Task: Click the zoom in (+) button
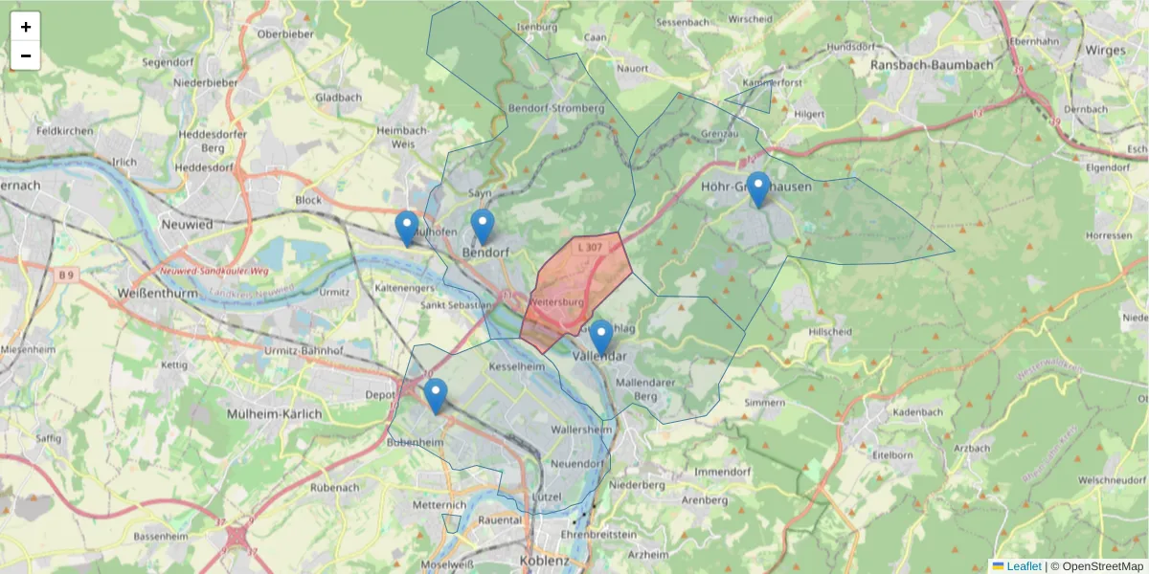point(26,27)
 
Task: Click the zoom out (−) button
point(26,56)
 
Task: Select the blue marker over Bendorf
point(482,227)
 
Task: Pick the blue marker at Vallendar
point(600,338)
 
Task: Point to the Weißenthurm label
point(155,292)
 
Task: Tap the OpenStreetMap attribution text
point(1096,566)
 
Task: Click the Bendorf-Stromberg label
point(557,108)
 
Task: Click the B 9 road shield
point(65,276)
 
